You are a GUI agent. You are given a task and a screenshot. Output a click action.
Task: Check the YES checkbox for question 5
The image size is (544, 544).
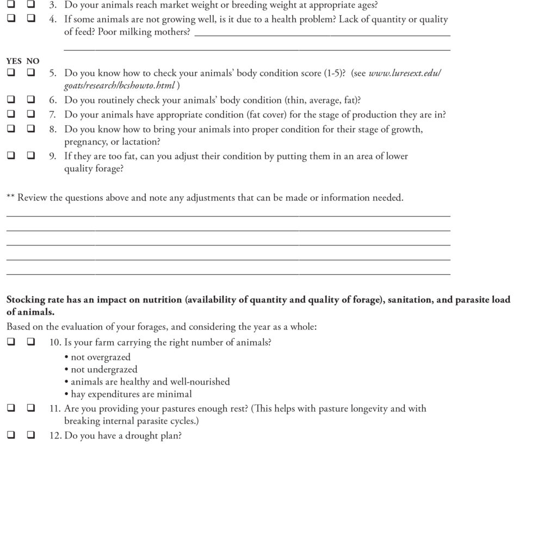(x=11, y=72)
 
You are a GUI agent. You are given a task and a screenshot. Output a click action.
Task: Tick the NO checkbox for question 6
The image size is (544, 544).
(x=30, y=100)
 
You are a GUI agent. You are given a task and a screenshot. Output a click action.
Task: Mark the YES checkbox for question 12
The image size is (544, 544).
(x=11, y=436)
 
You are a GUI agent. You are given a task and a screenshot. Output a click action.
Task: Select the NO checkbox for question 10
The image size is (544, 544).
(x=30, y=342)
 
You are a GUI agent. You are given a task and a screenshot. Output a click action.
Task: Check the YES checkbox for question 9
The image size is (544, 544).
(x=11, y=156)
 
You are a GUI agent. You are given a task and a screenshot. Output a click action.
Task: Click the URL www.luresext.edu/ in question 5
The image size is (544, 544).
(x=405, y=73)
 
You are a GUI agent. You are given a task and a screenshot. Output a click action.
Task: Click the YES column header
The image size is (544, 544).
(x=14, y=61)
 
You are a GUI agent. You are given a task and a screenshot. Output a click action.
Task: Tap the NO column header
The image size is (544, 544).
(x=33, y=61)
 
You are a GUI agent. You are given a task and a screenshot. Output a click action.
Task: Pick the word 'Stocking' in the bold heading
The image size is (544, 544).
(x=24, y=300)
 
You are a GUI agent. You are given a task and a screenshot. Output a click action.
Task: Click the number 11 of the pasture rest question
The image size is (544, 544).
(x=54, y=409)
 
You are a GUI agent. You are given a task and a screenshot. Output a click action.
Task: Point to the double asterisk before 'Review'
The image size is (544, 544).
(x=10, y=197)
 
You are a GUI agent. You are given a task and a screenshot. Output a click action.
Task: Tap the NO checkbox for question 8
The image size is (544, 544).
(x=30, y=129)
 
